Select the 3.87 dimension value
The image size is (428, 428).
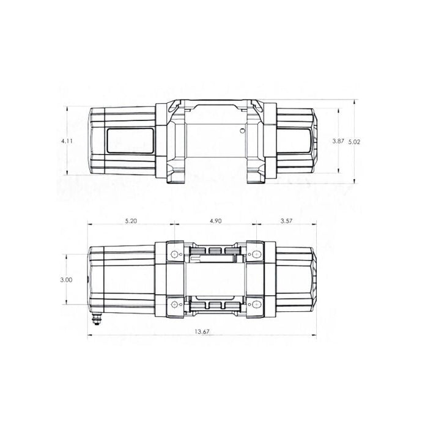(x=338, y=141)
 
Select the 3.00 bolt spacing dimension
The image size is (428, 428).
(x=67, y=279)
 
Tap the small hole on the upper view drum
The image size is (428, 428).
(x=243, y=131)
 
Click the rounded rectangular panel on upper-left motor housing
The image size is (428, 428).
(x=129, y=141)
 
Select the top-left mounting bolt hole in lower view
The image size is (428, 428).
(x=175, y=254)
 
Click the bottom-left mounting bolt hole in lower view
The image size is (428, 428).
(x=175, y=304)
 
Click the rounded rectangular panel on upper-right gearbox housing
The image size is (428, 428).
(x=295, y=141)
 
